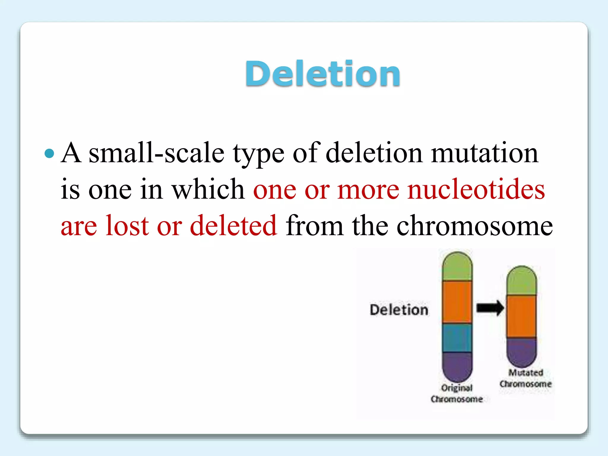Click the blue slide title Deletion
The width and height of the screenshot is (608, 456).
(322, 73)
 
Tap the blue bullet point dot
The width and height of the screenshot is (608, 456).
(49, 153)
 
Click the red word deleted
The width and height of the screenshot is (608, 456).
(233, 226)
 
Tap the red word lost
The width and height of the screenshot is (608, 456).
(127, 226)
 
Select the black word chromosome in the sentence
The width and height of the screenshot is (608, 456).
(474, 226)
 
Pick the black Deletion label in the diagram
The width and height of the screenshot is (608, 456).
(399, 310)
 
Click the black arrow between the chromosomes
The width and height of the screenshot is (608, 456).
(490, 308)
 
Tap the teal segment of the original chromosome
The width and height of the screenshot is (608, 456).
(457, 338)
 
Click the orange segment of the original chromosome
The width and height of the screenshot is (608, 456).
(457, 302)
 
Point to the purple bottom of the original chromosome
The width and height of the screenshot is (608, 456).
(457, 366)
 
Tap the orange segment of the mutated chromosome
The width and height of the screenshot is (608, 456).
(521, 316)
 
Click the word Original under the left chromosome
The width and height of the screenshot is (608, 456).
(457, 388)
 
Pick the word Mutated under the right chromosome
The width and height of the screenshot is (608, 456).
(525, 373)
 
